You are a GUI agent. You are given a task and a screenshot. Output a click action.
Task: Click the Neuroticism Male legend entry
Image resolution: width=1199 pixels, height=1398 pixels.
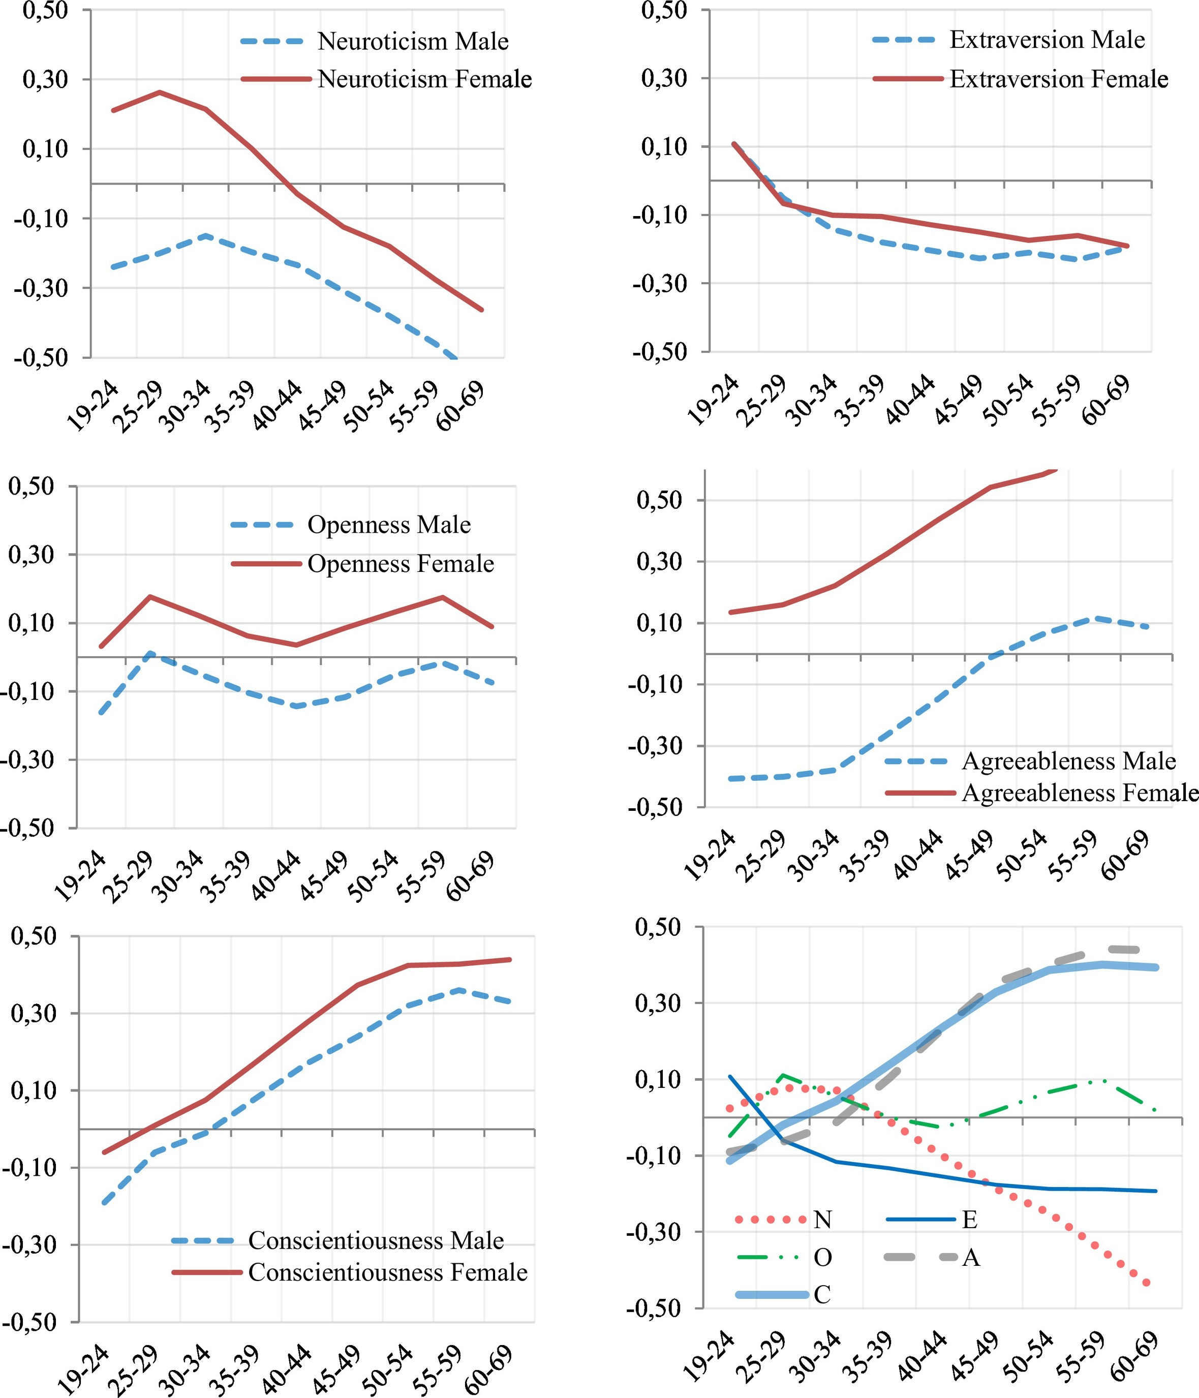click(x=413, y=41)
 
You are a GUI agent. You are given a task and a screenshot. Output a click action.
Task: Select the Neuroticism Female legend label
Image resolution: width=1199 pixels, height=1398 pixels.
click(x=424, y=80)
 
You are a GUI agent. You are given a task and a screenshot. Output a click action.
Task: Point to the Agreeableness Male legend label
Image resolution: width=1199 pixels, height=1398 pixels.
click(x=1069, y=761)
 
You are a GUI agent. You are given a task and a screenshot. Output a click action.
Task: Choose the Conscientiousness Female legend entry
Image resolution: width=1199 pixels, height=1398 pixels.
click(x=388, y=1272)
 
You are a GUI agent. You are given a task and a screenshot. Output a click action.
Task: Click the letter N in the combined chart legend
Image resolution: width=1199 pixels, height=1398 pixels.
click(x=822, y=1219)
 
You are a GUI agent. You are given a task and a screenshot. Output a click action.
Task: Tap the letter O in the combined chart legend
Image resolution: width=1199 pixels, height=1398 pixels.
click(x=822, y=1257)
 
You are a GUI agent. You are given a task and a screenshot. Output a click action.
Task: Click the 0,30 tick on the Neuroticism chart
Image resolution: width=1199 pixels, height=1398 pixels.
click(x=46, y=80)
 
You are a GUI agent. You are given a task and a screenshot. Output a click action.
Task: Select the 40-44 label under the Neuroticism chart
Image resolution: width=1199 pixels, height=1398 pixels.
click(x=276, y=406)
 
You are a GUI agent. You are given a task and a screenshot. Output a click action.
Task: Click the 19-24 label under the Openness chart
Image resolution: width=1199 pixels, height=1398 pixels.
click(x=80, y=876)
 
